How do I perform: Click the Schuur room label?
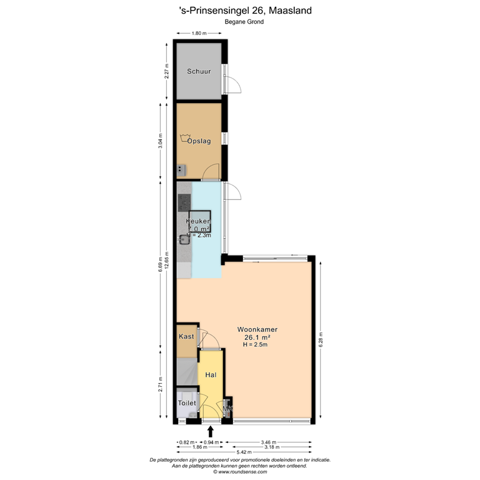199,71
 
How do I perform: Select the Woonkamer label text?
257,329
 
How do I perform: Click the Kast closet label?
186,337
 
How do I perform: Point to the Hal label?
211,374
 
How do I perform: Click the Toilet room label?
187,403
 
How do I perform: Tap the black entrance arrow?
210,431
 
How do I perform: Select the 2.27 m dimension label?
166,71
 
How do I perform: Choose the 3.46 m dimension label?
271,442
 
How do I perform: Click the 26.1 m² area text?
257,337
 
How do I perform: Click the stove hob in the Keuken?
184,202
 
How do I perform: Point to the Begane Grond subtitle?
244,22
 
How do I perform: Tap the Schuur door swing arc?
232,86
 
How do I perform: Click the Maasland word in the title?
294,10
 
